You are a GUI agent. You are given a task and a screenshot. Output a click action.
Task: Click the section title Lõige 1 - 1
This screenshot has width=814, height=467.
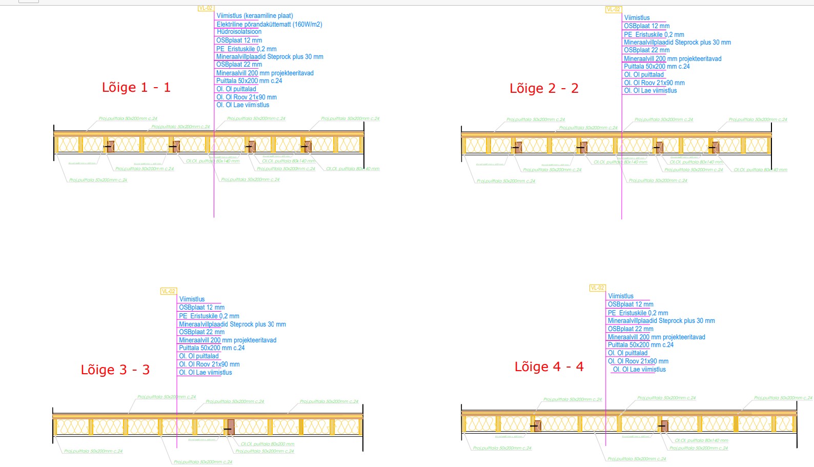point(136,88)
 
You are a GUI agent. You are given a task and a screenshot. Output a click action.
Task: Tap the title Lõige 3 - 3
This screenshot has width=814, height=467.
point(115,370)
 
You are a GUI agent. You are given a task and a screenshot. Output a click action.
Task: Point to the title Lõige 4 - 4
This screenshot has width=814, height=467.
point(548,367)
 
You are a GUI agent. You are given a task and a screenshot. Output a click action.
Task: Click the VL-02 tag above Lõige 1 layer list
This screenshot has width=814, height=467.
point(206,8)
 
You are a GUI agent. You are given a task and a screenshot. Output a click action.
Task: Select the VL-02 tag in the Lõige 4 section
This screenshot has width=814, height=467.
point(597,288)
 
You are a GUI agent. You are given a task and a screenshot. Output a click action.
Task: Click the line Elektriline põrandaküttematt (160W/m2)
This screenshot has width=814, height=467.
point(269,24)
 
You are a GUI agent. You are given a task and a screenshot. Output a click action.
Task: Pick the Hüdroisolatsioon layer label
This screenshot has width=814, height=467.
point(239,32)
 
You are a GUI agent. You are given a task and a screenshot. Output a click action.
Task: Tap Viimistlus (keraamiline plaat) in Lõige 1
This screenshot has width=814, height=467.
point(255,16)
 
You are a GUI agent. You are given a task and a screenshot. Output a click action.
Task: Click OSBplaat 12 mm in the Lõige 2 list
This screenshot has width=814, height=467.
point(646,26)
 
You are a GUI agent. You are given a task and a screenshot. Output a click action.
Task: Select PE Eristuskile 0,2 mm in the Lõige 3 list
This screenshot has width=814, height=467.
point(209,316)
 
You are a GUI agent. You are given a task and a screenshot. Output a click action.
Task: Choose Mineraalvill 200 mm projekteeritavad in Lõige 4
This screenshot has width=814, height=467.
point(656,337)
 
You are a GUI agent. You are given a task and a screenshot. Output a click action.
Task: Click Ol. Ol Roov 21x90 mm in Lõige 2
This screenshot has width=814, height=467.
point(654,83)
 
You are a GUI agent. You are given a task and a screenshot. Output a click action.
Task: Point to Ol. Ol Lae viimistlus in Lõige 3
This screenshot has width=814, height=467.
point(205,373)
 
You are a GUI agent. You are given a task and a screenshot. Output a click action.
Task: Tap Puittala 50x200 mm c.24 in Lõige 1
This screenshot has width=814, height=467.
point(249,81)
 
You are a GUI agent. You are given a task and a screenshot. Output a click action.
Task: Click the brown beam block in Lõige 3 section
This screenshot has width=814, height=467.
point(231,427)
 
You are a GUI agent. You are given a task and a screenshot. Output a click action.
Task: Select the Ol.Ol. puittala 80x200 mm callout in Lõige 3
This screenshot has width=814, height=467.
point(268,444)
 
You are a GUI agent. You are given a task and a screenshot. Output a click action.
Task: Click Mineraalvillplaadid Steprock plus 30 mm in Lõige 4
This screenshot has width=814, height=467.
point(661,321)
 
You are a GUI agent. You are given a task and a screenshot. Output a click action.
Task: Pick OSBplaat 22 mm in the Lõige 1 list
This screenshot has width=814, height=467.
point(239,65)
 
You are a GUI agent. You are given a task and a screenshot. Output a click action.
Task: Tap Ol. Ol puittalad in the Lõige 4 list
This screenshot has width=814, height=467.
point(627,353)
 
